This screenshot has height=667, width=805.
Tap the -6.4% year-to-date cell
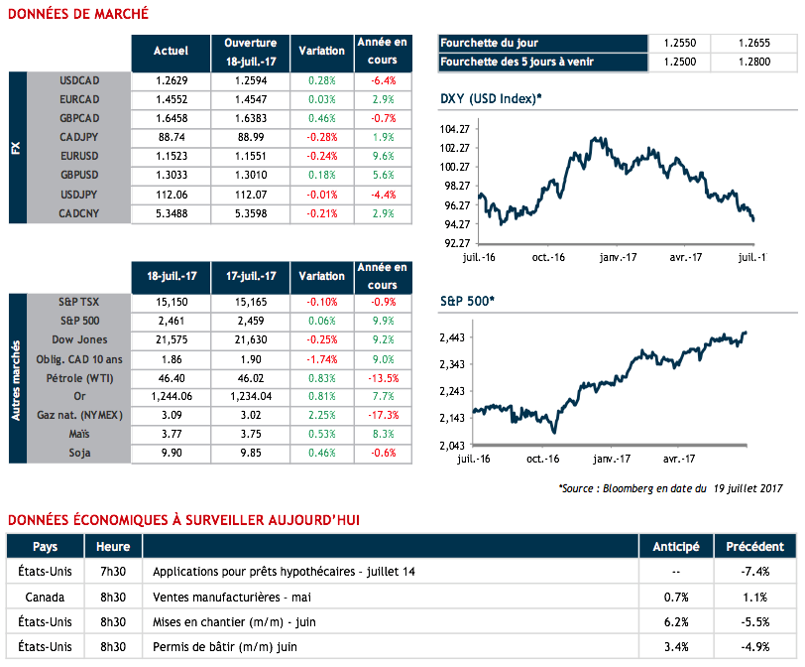point(384,79)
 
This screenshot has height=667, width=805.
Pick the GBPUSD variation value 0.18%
point(322,175)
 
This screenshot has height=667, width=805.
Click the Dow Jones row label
point(81,339)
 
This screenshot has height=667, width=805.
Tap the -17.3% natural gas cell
point(384,415)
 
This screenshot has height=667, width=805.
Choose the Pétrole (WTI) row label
point(81,377)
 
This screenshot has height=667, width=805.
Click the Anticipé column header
point(675,547)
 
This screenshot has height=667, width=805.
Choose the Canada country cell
point(45,598)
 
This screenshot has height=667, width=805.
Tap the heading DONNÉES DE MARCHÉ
point(78,14)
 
